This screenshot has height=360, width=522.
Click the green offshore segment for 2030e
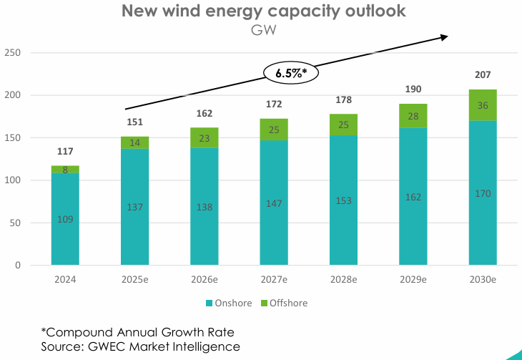(483, 105)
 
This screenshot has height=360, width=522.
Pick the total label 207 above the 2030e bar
(483, 75)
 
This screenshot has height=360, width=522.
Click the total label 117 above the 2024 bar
(65, 152)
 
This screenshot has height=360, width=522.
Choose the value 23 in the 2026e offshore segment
(205, 138)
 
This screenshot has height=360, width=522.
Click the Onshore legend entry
(228, 303)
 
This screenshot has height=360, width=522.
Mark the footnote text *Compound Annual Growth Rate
(137, 332)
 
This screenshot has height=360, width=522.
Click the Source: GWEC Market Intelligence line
(140, 346)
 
